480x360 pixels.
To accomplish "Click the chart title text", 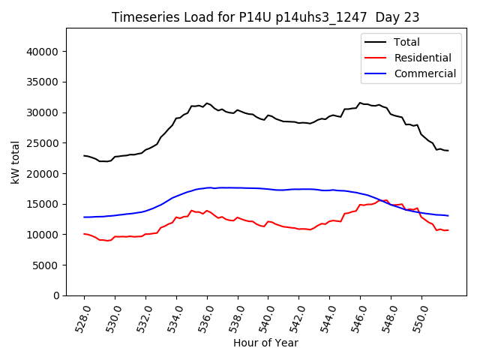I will pos(265,17).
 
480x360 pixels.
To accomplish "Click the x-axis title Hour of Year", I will pos(265,343).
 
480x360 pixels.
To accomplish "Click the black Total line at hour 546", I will pos(360,103).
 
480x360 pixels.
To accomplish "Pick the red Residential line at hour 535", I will pos(192,211).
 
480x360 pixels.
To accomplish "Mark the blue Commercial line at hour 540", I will pos(268,189).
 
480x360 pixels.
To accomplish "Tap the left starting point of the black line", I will pos(84,156).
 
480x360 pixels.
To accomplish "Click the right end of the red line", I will pos(448,230).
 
